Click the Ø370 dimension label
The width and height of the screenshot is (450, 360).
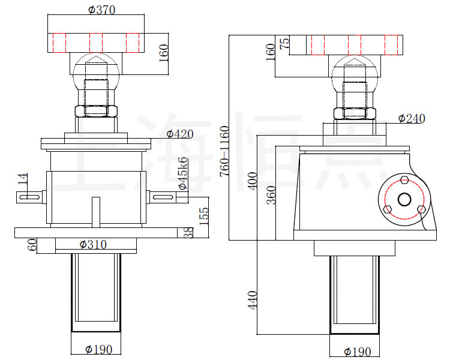click(x=101, y=10)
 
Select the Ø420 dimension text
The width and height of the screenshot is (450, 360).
click(x=179, y=134)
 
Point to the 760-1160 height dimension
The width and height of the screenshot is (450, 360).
click(x=224, y=150)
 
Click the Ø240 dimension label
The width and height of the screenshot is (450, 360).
click(x=411, y=118)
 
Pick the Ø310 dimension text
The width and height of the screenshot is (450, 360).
click(x=93, y=244)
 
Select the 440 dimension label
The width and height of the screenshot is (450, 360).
click(x=252, y=300)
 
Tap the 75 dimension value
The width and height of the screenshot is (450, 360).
click(x=285, y=44)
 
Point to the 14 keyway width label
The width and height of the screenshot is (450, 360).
click(x=22, y=178)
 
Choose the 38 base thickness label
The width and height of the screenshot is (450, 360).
click(x=190, y=233)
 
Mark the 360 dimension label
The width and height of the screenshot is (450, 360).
click(x=271, y=196)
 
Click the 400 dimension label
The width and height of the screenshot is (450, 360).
click(x=252, y=180)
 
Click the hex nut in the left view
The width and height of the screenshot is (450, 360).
click(x=95, y=111)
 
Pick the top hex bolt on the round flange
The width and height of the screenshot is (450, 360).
click(x=404, y=179)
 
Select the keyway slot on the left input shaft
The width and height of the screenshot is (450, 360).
click(x=30, y=196)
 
